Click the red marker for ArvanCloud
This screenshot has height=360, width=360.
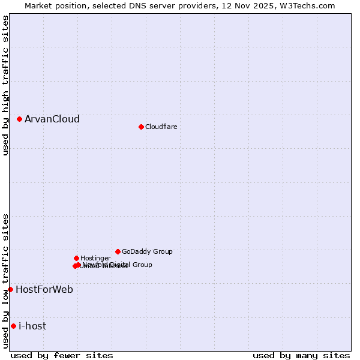click(x=19, y=119)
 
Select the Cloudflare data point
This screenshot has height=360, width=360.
click(x=141, y=127)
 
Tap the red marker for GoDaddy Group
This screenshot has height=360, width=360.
click(x=118, y=251)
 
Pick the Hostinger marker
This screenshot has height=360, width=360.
click(x=76, y=258)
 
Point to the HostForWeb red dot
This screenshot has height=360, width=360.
click(x=10, y=289)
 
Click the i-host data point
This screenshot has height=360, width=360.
click(x=13, y=326)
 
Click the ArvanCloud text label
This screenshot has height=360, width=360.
click(x=52, y=119)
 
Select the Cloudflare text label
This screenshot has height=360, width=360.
click(x=161, y=127)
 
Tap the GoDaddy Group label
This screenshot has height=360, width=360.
click(x=147, y=251)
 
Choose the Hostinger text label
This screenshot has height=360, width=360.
click(x=95, y=258)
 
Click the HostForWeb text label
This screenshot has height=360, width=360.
click(x=44, y=289)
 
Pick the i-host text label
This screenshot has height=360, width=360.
click(x=32, y=326)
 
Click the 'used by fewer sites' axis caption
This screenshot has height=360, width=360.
click(x=62, y=355)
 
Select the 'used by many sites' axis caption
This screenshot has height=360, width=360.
click(x=301, y=355)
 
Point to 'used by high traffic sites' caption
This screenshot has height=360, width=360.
click(x=5, y=85)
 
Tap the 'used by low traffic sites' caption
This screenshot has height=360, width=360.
click(x=5, y=280)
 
